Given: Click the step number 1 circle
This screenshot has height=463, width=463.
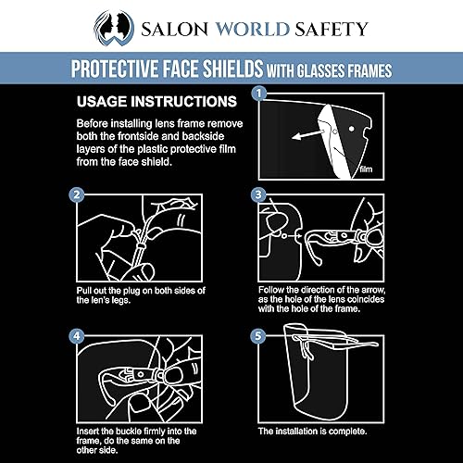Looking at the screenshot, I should point(260,94).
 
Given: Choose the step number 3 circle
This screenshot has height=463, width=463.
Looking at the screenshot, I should point(260,196).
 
